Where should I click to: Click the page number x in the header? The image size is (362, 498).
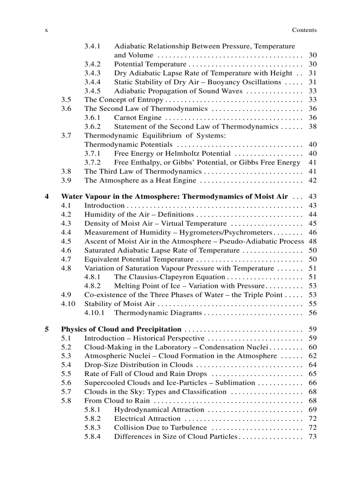[x=47, y=30]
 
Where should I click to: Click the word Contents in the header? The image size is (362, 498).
[x=304, y=30]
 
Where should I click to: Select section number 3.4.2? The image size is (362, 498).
[x=92, y=64]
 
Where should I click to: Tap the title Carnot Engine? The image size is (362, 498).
[x=138, y=118]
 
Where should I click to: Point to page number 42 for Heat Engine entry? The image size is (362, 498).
[x=312, y=180]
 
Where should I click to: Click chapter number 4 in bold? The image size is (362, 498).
[x=47, y=196]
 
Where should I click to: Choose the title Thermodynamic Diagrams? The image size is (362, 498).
[x=158, y=313]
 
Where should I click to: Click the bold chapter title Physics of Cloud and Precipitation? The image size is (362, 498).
[x=121, y=329]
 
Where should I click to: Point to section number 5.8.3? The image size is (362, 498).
[x=92, y=427]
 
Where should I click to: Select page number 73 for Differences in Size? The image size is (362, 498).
[x=312, y=436]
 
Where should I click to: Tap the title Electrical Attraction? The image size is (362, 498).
[x=147, y=418]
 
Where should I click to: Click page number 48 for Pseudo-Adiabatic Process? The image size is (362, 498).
[x=312, y=241]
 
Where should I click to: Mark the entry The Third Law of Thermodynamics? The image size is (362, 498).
[x=143, y=171]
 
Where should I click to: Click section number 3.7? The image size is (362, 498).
[x=66, y=136]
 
